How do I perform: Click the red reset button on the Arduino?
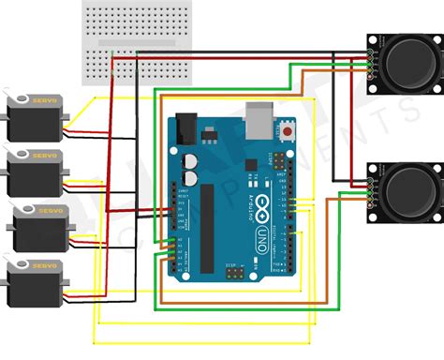[x=285, y=132]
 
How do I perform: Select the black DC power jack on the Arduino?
[x=185, y=127]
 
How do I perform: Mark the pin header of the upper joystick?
[x=371, y=61]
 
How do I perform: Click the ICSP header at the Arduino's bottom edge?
[x=232, y=274]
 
